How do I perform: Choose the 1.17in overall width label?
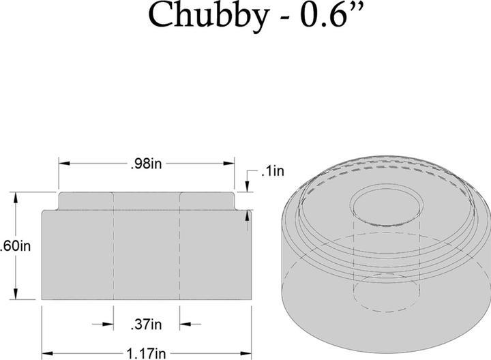click(x=145, y=353)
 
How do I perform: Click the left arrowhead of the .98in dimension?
click(x=63, y=164)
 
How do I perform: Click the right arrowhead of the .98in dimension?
click(x=230, y=164)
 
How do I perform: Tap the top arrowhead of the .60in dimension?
click(x=16, y=198)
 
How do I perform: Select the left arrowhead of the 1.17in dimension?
click(x=46, y=353)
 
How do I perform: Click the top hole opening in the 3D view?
click(x=386, y=205)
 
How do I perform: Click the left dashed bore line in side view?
click(x=113, y=252)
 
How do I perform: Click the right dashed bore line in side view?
click(x=179, y=252)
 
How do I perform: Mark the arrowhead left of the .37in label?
click(x=107, y=324)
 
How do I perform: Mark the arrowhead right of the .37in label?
click(x=185, y=324)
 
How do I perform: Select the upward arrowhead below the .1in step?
click(x=246, y=215)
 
